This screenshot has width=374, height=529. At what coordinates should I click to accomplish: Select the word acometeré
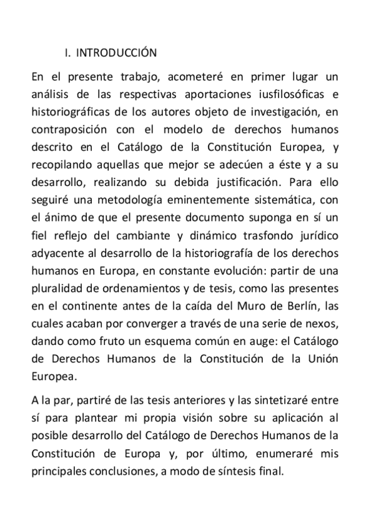point(165,77)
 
